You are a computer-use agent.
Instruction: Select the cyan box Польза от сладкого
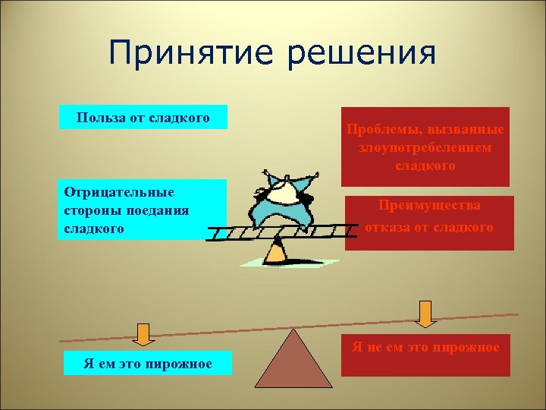tap(143, 117)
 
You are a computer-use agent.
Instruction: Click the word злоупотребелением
tap(425, 147)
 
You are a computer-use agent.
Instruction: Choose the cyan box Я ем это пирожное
tap(148, 364)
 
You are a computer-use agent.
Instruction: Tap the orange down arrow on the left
tap(141, 333)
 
